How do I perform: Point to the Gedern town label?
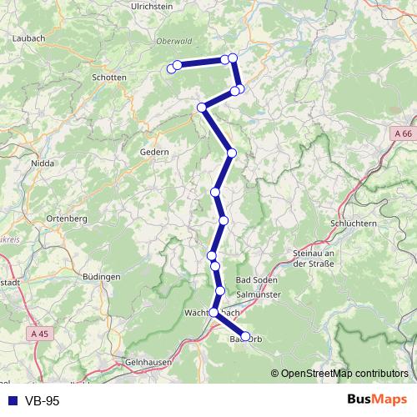pyautogui.click(x=154, y=153)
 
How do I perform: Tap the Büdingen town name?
pyautogui.click(x=103, y=276)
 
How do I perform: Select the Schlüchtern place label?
pyautogui.click(x=333, y=224)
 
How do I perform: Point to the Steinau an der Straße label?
pyautogui.click(x=314, y=259)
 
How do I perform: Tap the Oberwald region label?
pyautogui.click(x=173, y=40)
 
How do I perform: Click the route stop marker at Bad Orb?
pyautogui.click(x=245, y=336)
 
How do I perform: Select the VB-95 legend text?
pyautogui.click(x=42, y=401)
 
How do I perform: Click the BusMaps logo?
pyautogui.click(x=378, y=400)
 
